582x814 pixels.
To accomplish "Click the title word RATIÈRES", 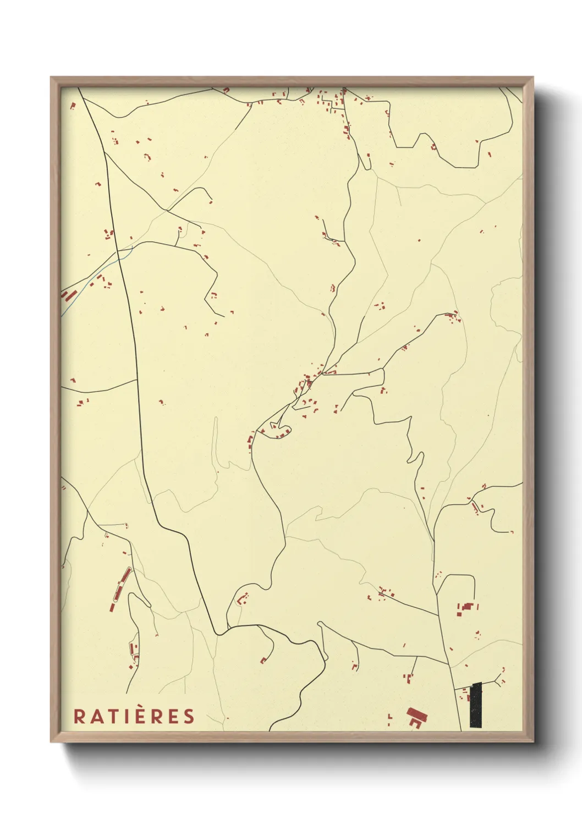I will tap(134, 716).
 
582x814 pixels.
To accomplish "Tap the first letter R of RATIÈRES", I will tap(79, 716).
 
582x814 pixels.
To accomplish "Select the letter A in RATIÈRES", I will tap(94, 716).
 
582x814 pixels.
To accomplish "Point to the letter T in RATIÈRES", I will tap(109, 716).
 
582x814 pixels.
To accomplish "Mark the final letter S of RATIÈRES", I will tap(189, 716).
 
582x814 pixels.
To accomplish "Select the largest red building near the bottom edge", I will tap(416, 716).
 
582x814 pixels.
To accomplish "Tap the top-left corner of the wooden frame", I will tap(51, 78).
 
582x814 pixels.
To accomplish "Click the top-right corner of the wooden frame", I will tap(532, 78).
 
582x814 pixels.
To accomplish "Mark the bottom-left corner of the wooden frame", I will tap(51, 741).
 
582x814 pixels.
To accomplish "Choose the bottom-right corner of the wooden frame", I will tap(532, 741).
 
